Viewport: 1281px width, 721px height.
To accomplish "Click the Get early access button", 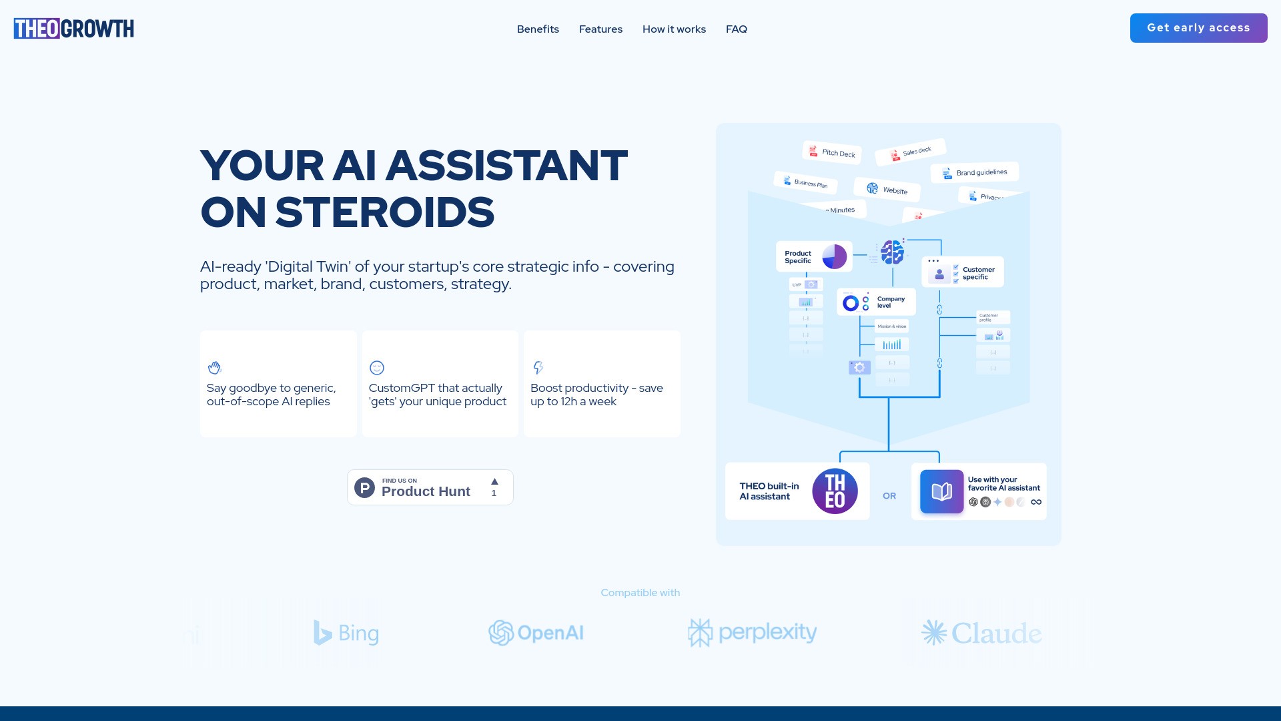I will tap(1198, 28).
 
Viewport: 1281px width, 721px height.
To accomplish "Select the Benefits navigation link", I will tap(538, 29).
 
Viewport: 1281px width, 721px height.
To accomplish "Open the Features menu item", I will tap(600, 29).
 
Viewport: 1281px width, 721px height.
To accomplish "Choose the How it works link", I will tap(674, 29).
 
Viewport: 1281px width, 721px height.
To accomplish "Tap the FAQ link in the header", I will tap(737, 29).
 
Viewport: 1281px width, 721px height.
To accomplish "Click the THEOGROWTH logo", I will tap(73, 29).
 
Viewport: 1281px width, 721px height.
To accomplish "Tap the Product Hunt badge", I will tap(430, 487).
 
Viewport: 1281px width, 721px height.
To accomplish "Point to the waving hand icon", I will tap(214, 368).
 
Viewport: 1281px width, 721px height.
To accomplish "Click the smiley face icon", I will tap(377, 368).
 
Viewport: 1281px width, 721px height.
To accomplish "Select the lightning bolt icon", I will tap(538, 368).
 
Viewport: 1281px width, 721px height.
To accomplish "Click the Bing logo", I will tap(346, 633).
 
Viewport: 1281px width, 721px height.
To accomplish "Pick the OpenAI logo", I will tap(536, 633).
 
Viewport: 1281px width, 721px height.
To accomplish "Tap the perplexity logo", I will tap(752, 632).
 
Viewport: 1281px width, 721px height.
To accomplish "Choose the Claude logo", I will tap(981, 633).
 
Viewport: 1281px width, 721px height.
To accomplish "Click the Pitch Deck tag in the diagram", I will tap(832, 153).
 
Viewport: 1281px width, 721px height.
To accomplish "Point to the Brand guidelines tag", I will tap(975, 173).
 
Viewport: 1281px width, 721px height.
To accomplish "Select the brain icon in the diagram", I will tap(892, 252).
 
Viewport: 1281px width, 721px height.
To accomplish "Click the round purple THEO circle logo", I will tap(835, 491).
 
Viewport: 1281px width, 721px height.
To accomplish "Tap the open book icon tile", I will tap(941, 492).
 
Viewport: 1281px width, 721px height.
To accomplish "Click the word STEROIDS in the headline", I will tap(385, 212).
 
